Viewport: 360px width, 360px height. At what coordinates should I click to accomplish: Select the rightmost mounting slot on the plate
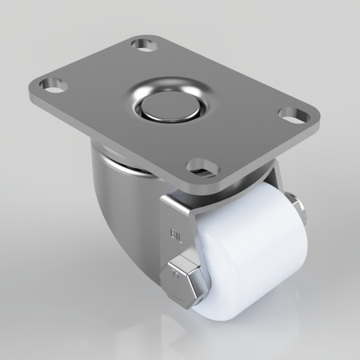tap(294, 114)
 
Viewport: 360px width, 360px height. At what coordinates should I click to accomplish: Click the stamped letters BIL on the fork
tap(176, 236)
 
